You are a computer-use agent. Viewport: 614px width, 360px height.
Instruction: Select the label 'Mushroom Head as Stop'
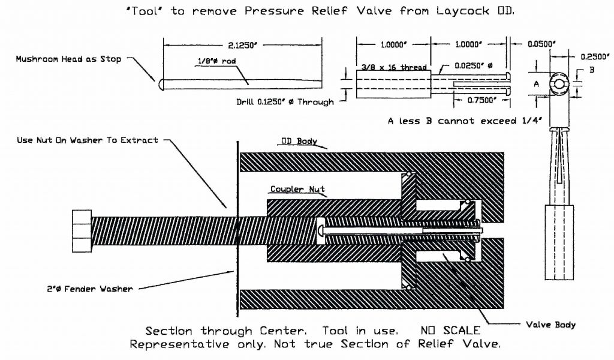point(68,59)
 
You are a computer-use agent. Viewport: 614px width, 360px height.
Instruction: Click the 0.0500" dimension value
point(541,44)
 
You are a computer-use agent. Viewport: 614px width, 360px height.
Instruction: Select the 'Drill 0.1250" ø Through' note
point(285,101)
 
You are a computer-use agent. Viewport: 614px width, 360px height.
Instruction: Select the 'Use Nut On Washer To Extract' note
point(88,140)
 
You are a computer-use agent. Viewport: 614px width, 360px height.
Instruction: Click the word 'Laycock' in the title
point(466,11)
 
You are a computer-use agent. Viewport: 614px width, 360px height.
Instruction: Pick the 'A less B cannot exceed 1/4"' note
point(465,121)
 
